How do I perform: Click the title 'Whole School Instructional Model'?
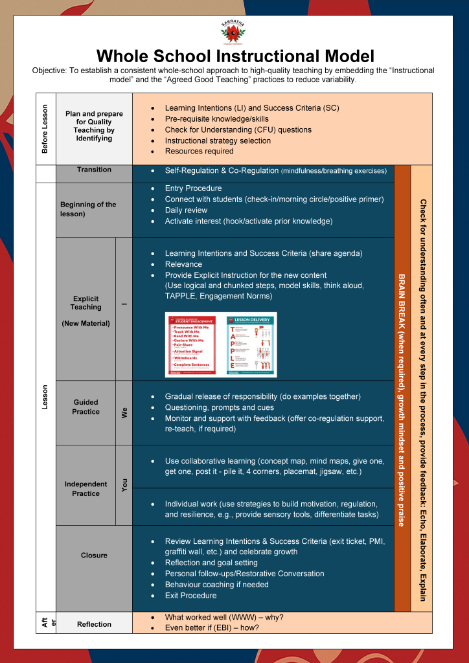(234, 55)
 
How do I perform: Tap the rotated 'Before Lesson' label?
(45, 129)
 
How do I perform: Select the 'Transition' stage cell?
(94, 170)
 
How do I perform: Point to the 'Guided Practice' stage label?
(86, 407)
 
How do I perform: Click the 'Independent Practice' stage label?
(86, 488)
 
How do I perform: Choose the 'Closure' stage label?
(94, 555)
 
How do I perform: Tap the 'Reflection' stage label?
(94, 624)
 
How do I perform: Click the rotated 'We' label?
(124, 412)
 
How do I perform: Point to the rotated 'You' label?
(124, 486)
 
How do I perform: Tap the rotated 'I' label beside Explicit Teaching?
(124, 304)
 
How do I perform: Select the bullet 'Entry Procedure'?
(193, 188)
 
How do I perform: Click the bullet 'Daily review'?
(186, 210)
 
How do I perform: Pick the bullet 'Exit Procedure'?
(190, 595)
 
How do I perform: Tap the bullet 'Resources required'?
(199, 151)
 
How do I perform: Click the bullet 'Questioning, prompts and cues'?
(219, 407)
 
